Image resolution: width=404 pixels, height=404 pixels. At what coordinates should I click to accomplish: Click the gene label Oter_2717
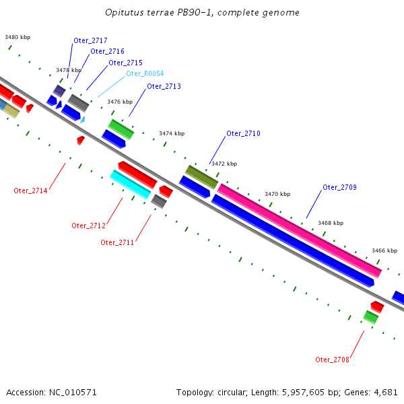click(x=90, y=41)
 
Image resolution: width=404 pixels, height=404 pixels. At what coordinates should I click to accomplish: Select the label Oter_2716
click(x=107, y=52)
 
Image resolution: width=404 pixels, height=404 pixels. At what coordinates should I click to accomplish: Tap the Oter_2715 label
click(x=125, y=63)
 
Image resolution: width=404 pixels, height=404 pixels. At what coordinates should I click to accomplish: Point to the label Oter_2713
click(x=164, y=86)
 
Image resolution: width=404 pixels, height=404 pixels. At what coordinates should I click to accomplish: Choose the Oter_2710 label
click(x=243, y=134)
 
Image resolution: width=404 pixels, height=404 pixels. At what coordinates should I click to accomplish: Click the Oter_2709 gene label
click(x=339, y=187)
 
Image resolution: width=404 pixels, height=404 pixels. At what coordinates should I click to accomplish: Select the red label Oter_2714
click(x=30, y=191)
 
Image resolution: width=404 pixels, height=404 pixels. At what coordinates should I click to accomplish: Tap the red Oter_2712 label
click(x=88, y=226)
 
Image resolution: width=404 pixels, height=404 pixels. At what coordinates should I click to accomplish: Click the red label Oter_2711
click(x=117, y=242)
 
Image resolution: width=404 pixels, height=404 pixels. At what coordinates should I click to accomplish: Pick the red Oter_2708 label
click(x=332, y=360)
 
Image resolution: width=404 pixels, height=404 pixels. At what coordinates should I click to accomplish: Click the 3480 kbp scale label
click(x=18, y=38)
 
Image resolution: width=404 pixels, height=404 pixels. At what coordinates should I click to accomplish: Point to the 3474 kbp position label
click(x=172, y=133)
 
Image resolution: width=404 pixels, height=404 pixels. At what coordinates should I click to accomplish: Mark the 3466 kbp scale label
click(x=384, y=250)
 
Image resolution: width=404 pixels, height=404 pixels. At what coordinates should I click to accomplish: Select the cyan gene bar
click(x=130, y=184)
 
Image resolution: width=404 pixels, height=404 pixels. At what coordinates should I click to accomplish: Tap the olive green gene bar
click(x=202, y=176)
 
